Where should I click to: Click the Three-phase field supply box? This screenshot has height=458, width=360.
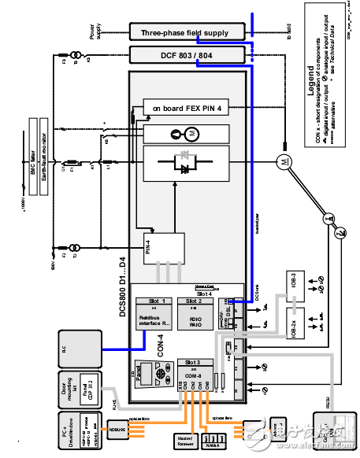click(184, 33)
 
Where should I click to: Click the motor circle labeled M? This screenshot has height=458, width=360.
click(282, 162)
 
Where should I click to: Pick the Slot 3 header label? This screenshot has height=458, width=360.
click(194, 362)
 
